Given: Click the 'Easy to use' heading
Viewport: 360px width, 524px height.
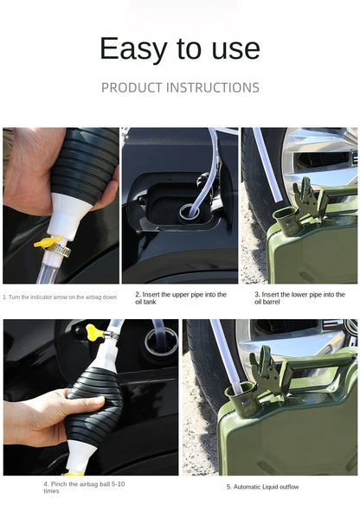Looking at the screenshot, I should pyautogui.click(x=179, y=48).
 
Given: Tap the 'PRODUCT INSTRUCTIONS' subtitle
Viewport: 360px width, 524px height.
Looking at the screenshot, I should pyautogui.click(x=180, y=88).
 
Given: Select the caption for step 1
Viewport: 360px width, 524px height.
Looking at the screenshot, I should pyautogui.click(x=60, y=297).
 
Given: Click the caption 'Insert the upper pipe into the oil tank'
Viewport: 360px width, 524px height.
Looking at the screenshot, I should pyautogui.click(x=180, y=297).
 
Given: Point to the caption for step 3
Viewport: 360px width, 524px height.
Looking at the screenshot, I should pyautogui.click(x=299, y=297).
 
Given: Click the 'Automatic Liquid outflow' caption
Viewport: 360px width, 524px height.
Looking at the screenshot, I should pyautogui.click(x=262, y=487).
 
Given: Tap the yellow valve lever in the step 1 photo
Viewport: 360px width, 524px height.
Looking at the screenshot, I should pyautogui.click(x=47, y=243).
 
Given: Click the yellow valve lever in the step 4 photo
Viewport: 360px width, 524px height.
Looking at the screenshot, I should pyautogui.click(x=93, y=329).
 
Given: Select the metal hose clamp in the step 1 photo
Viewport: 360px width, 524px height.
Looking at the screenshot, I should pyautogui.click(x=60, y=251).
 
